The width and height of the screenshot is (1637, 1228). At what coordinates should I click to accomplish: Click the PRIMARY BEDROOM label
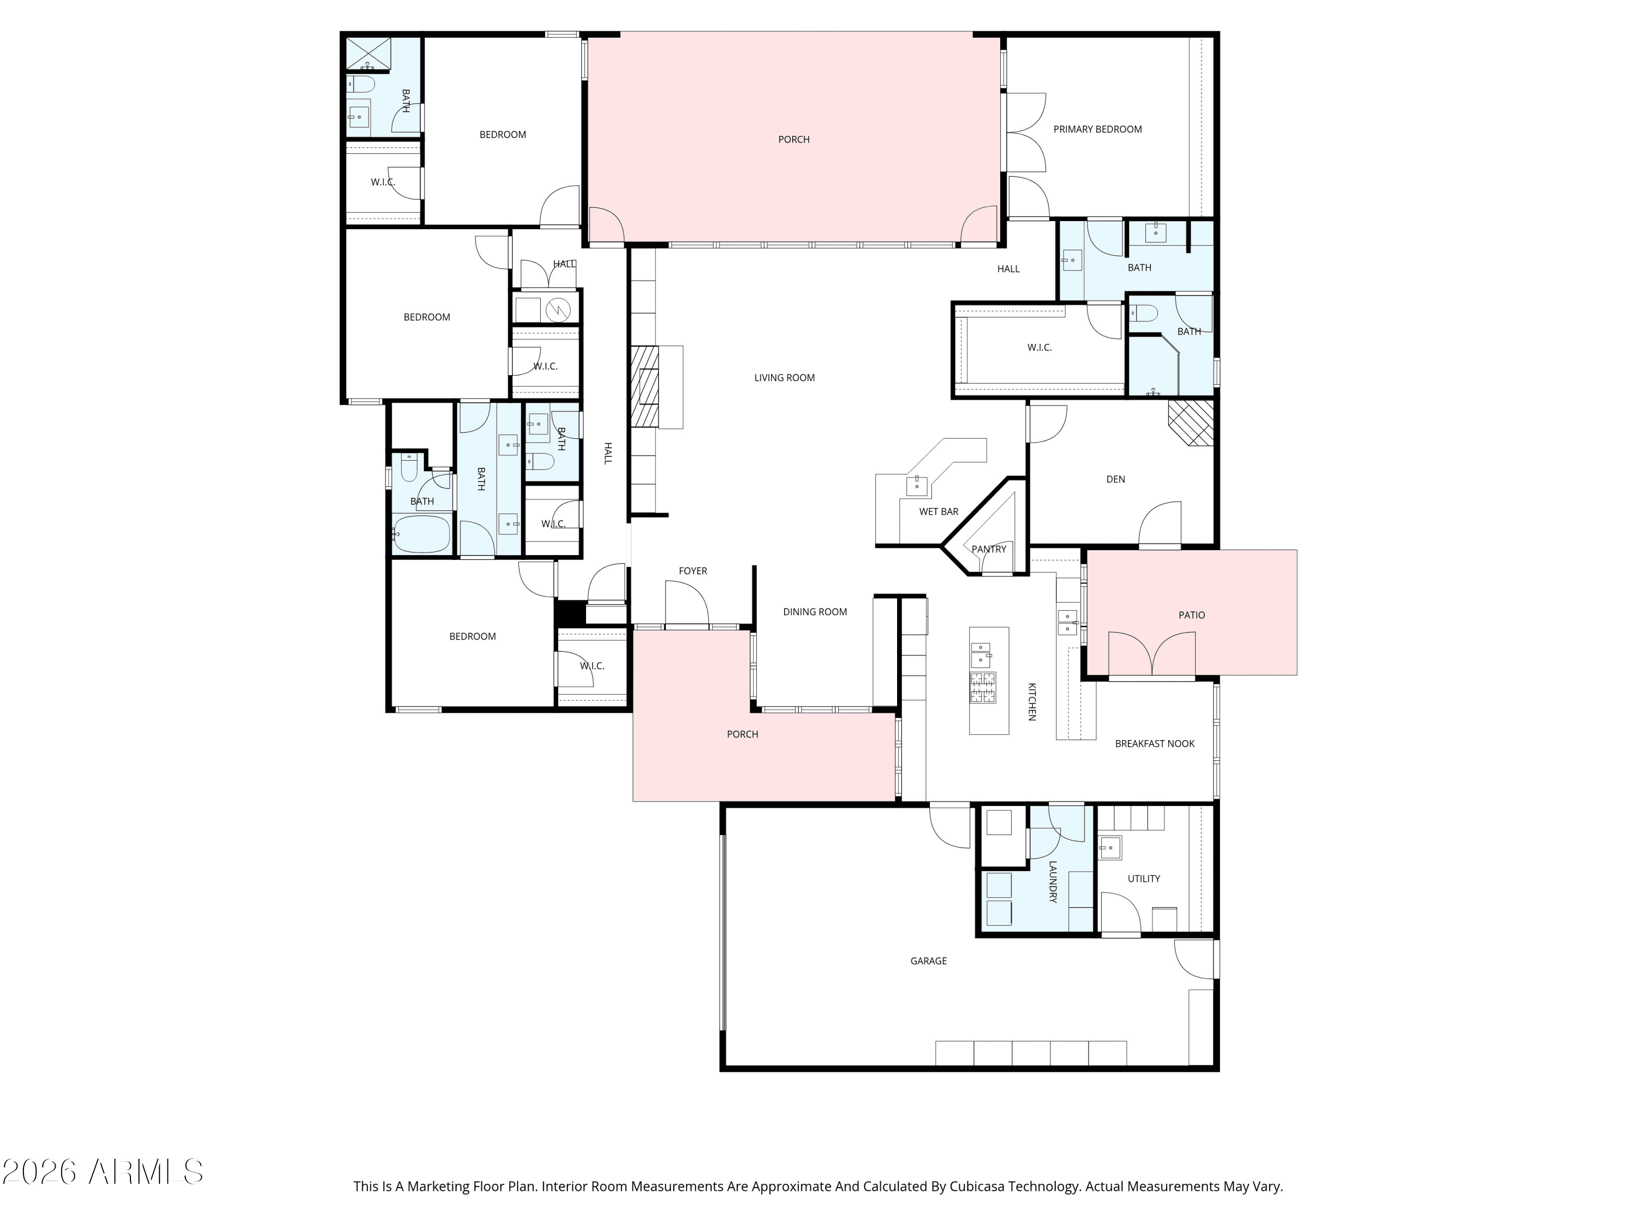point(1097,129)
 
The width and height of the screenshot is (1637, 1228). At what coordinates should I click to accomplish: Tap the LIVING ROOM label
point(785,378)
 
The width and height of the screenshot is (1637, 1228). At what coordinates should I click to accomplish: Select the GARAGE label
point(929,961)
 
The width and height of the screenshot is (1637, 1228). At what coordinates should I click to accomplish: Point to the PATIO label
point(1192,615)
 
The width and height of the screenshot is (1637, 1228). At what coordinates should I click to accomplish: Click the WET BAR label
point(939,511)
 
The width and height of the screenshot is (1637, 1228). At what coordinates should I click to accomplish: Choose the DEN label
point(1115,480)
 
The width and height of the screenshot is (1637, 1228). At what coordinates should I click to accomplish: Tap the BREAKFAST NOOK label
point(1155,744)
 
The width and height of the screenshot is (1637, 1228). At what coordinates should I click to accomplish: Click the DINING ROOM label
point(815,612)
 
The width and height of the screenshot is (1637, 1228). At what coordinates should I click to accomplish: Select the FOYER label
point(692,571)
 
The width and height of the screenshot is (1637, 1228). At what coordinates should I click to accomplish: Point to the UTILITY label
point(1143,879)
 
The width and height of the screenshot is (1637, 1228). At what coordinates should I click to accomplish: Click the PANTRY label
point(989,549)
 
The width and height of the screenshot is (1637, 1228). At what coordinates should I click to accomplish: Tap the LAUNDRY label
point(1053,881)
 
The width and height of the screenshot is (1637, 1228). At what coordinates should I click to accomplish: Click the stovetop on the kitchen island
point(983,687)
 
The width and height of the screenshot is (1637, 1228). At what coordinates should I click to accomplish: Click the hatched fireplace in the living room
point(644,386)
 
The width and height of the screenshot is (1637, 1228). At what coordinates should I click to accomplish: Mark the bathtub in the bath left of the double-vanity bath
point(421,534)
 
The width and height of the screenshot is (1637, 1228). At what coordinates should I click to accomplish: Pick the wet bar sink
point(917,485)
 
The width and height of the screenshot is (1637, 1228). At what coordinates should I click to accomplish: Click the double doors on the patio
point(1151,655)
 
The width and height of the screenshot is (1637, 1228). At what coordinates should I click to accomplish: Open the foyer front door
point(687,604)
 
